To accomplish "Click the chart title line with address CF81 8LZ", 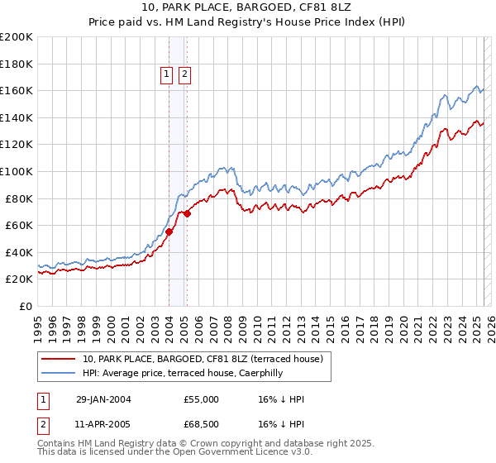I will (247, 7).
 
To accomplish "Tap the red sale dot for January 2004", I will (169, 232).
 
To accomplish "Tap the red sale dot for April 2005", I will (187, 213).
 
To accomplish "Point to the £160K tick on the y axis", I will (17, 90).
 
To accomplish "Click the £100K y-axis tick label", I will (17, 171).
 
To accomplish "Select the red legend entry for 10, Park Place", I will (207, 358).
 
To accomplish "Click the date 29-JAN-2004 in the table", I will (103, 399).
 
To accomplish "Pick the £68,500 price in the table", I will (201, 425).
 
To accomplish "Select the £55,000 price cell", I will (201, 399).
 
